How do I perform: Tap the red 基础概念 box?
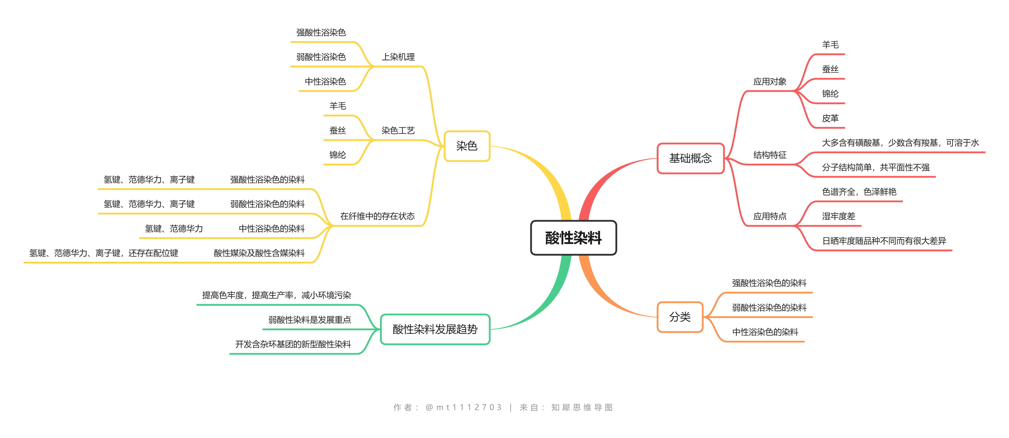click(x=691, y=158)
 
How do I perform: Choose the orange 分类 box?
click(x=680, y=317)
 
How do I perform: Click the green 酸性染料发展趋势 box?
click(x=435, y=329)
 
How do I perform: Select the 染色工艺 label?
click(x=398, y=131)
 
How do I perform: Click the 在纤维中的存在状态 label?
click(x=377, y=216)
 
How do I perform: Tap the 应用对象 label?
click(x=770, y=82)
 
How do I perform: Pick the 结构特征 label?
click(x=770, y=155)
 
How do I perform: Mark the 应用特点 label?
click(x=770, y=216)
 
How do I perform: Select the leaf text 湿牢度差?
click(x=839, y=216)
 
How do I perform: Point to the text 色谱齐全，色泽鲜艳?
click(x=859, y=192)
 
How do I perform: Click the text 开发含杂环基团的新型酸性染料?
click(x=293, y=344)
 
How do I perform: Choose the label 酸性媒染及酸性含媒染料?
click(x=259, y=253)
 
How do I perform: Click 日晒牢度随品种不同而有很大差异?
click(x=884, y=241)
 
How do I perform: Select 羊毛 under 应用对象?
click(x=830, y=45)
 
